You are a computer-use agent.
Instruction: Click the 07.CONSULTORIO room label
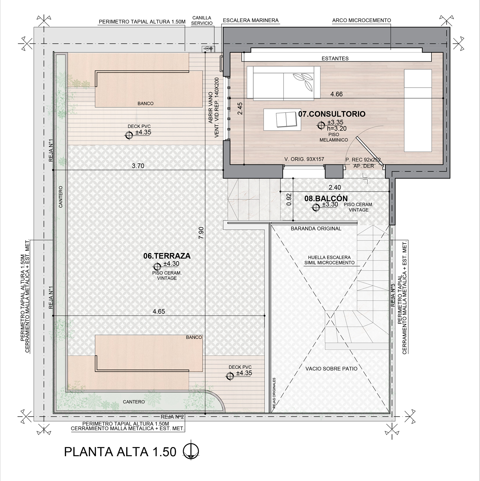point(332,114)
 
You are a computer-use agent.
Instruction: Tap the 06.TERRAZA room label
point(167,256)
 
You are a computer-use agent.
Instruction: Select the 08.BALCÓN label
point(326,198)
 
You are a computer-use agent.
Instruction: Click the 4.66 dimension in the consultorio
point(336,94)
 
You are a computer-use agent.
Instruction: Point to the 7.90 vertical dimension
point(201,233)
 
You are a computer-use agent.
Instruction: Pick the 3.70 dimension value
point(138,166)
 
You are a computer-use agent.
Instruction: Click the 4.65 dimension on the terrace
point(159,311)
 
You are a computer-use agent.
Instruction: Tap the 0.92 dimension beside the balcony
point(289,199)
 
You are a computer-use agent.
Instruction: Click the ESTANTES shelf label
point(335,59)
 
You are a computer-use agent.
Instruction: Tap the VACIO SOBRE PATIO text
point(331,369)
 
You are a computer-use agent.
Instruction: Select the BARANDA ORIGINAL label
point(316,228)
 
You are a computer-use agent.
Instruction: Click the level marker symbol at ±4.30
point(157,266)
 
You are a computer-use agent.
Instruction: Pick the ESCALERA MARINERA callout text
point(250,21)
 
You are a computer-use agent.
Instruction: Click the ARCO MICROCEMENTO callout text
point(361,20)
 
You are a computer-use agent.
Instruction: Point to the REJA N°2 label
point(172,417)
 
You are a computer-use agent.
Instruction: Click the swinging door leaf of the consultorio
point(370,151)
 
